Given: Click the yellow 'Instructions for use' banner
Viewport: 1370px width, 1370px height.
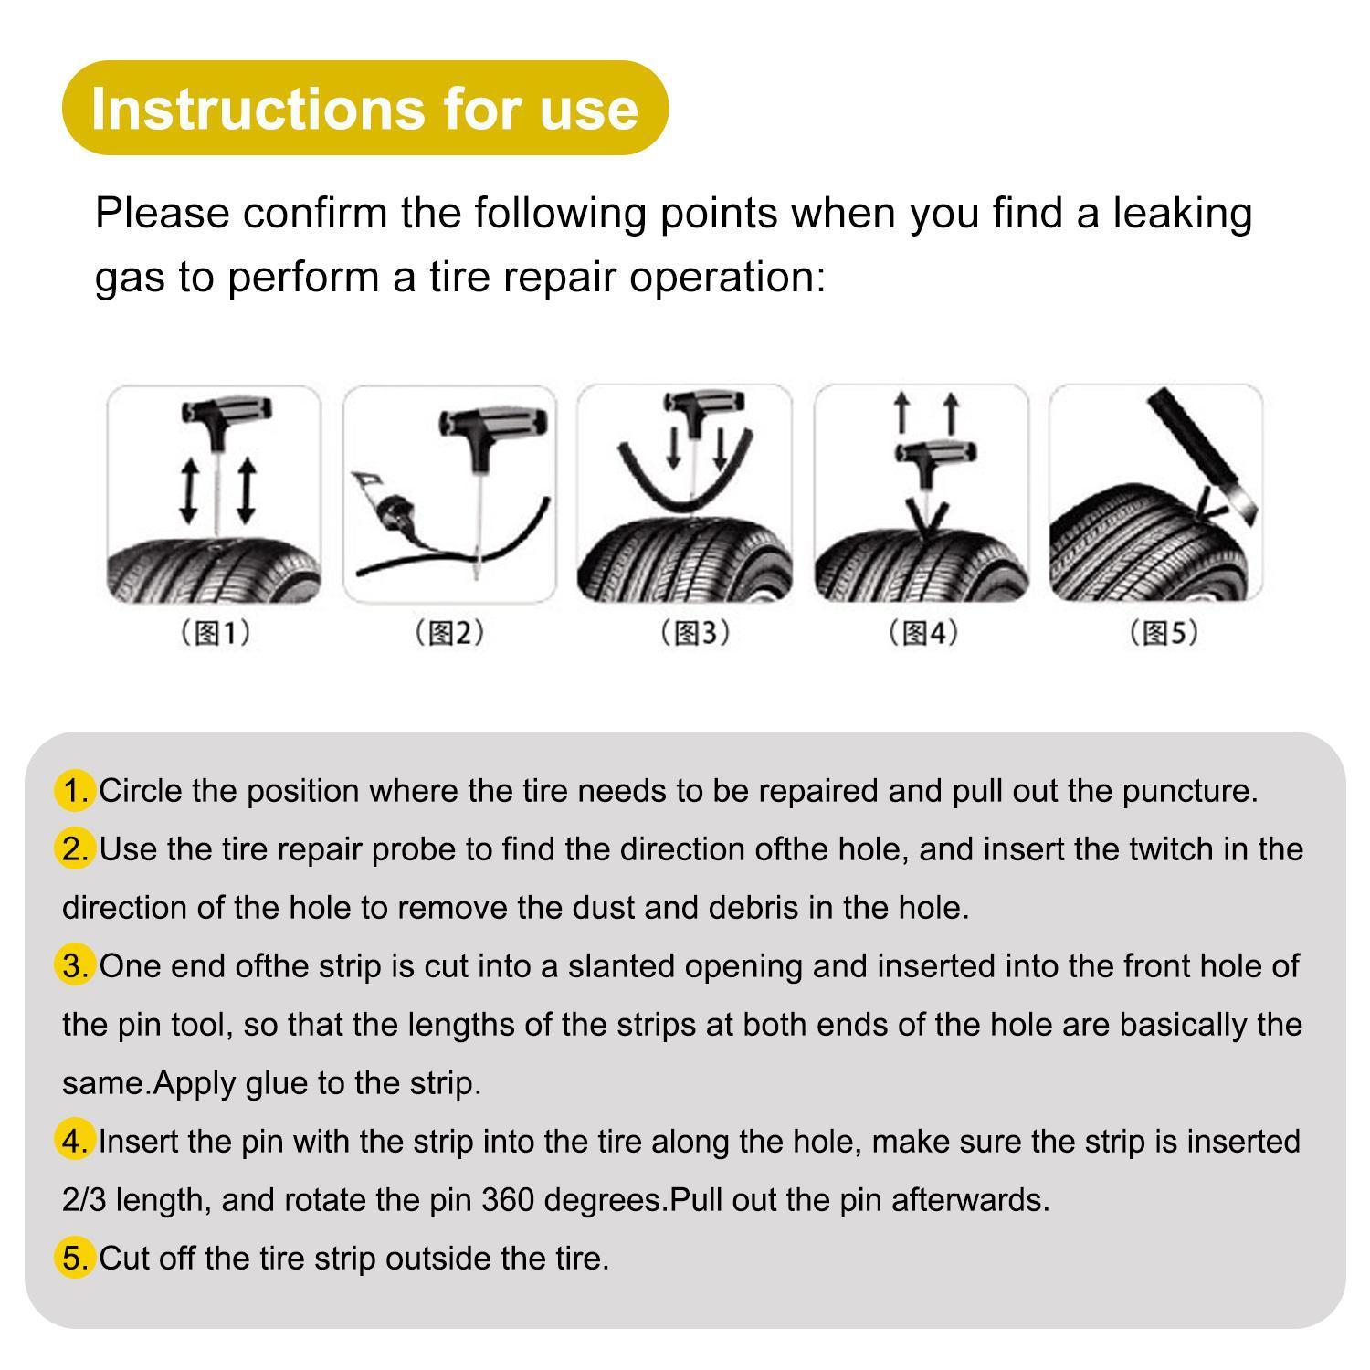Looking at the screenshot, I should (364, 108).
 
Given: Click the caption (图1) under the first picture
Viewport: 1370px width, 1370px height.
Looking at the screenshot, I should (214, 632).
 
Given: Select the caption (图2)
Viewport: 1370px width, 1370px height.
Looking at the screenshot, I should (448, 632).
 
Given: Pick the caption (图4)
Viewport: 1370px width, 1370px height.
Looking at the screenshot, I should (922, 632).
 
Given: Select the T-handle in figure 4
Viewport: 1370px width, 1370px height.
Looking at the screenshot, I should (934, 452).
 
